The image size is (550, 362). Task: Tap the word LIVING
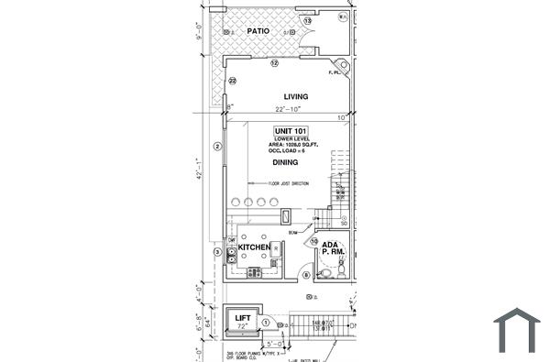(295, 96)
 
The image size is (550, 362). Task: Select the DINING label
(286, 162)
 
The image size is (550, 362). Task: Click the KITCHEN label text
(254, 247)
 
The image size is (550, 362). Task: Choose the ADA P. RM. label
(332, 247)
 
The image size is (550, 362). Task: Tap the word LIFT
(244, 318)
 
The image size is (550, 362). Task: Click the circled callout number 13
(308, 20)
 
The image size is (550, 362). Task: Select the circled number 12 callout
(274, 63)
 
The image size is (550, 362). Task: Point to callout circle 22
(233, 81)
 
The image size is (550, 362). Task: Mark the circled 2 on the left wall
(217, 146)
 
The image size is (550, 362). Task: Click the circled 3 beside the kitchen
(217, 252)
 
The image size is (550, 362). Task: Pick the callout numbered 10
(313, 242)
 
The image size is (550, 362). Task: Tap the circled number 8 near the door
(307, 274)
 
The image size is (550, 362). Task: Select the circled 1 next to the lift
(267, 323)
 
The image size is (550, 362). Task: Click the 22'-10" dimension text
(286, 111)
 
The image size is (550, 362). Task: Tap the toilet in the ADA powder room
(340, 270)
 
